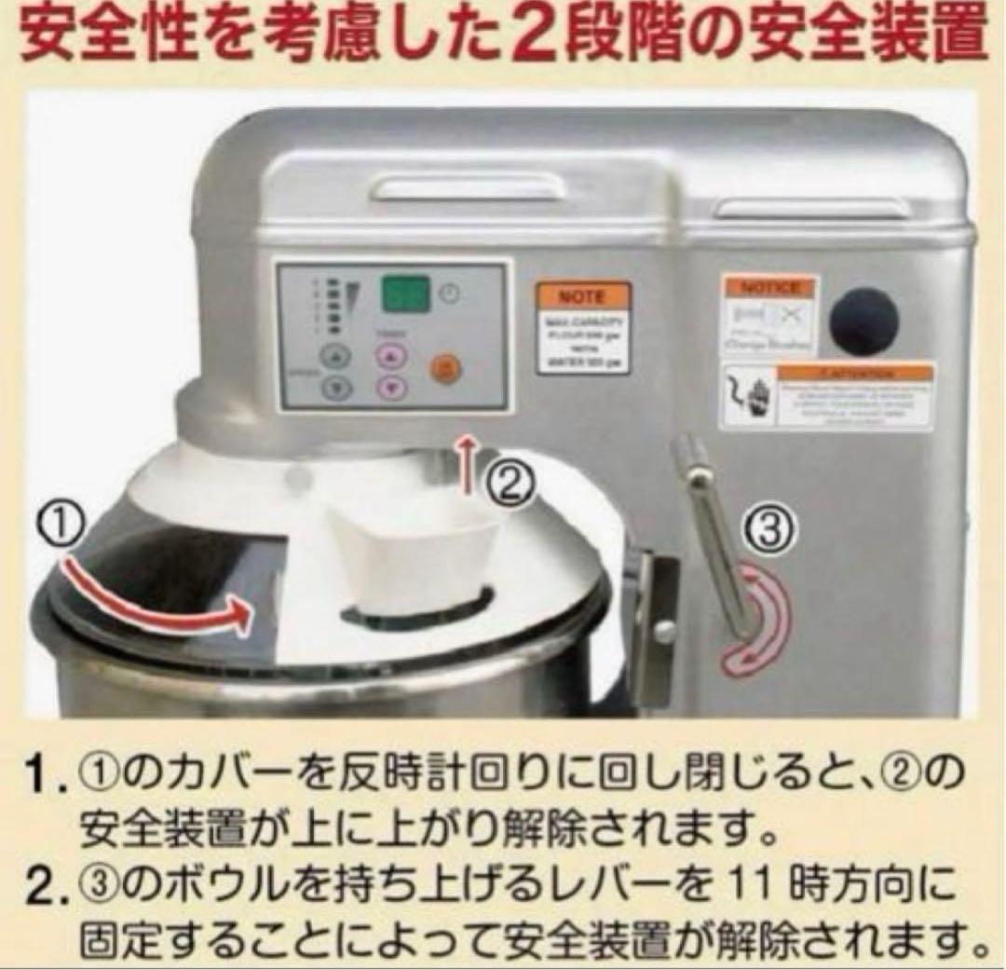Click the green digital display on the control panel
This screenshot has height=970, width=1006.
click(x=404, y=295)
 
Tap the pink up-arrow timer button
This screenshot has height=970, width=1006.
click(x=392, y=355)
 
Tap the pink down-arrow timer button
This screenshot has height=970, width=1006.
click(x=392, y=387)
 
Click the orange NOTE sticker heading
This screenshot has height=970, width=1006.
click(x=582, y=297)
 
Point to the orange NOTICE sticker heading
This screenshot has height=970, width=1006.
click(x=768, y=287)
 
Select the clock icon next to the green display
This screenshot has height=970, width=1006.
click(x=451, y=293)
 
